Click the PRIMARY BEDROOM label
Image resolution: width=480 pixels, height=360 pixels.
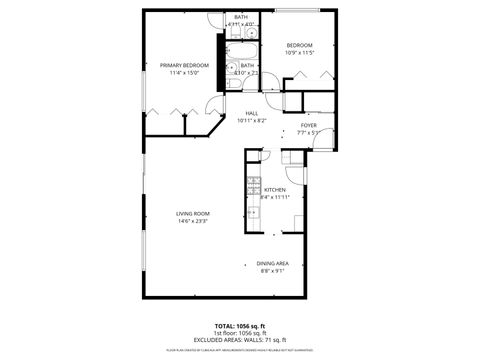183,65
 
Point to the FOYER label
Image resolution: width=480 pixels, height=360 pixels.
308,125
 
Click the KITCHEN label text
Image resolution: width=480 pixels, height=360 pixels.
274,189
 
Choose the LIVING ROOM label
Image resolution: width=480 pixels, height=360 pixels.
193,213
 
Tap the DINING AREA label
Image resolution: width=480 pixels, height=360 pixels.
273,262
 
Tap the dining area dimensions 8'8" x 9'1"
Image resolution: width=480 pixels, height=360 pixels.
273,270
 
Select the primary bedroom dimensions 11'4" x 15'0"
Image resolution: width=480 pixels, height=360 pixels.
184,73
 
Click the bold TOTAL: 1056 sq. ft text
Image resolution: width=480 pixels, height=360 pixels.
240,325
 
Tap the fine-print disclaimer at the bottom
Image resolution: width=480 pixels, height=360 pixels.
240,348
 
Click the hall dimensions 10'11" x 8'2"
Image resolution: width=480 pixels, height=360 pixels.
251,122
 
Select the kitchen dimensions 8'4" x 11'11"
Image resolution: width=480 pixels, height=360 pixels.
274,197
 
